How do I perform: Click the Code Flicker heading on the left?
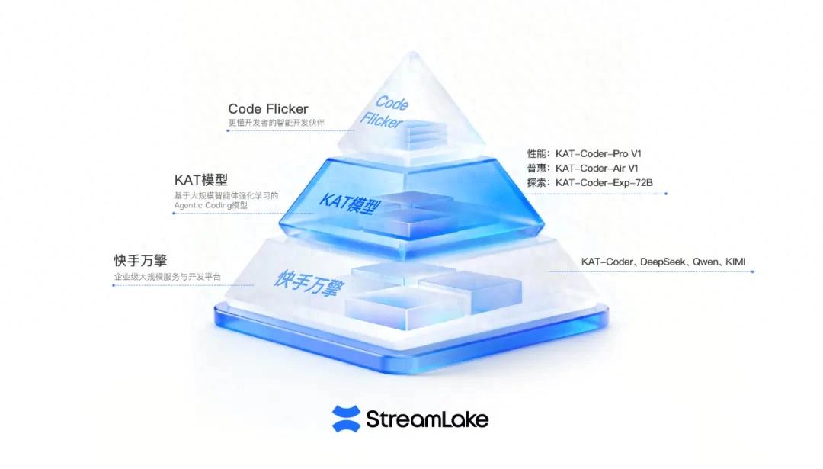pyautogui.click(x=268, y=109)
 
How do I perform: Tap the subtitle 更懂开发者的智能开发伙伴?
pyautogui.click(x=277, y=123)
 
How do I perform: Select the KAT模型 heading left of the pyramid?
pyautogui.click(x=201, y=180)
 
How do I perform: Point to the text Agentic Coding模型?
pyautogui.click(x=210, y=205)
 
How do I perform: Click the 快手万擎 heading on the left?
pyautogui.click(x=141, y=261)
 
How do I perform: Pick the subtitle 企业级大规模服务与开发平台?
pyautogui.click(x=168, y=277)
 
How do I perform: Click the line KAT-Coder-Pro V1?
pyautogui.click(x=598, y=154)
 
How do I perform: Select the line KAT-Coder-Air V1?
pyautogui.click(x=597, y=169)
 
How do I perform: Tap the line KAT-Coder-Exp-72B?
pyautogui.click(x=604, y=183)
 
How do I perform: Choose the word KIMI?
pyautogui.click(x=735, y=262)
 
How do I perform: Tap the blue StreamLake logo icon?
pyautogui.click(x=347, y=419)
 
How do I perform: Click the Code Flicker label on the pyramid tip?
pyautogui.click(x=385, y=111)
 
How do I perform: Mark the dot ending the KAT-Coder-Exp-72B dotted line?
pyautogui.click(x=666, y=194)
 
